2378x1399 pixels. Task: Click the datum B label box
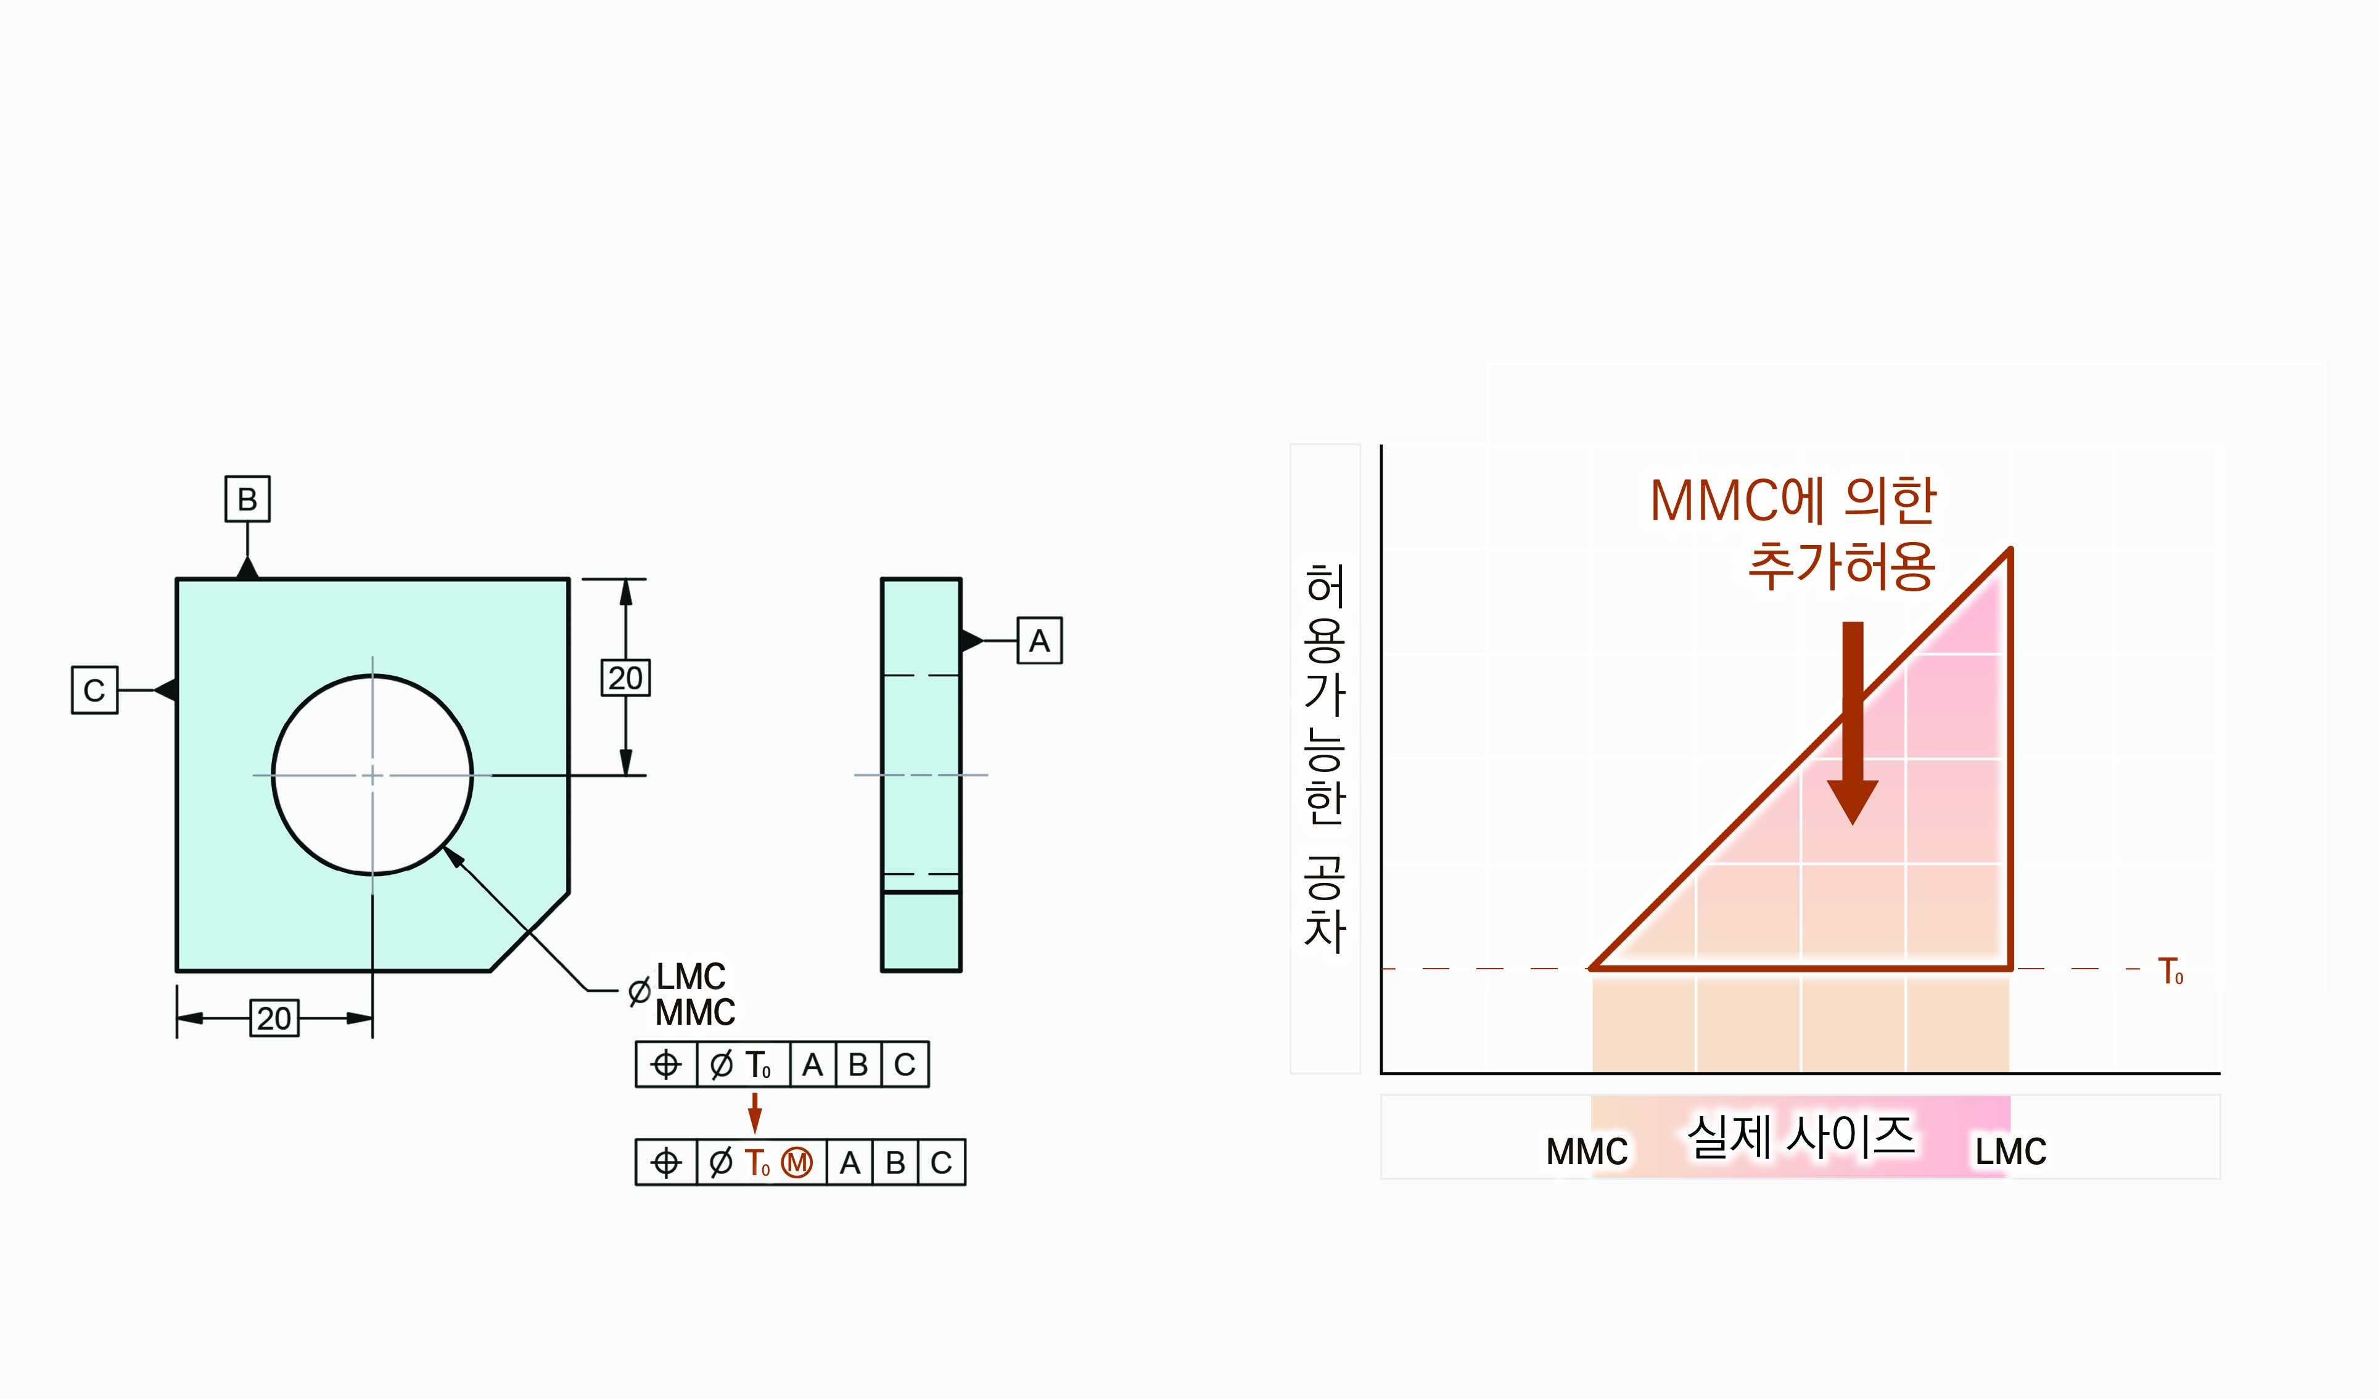pos(247,499)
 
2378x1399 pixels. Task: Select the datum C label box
pos(94,689)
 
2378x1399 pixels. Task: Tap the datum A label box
pos(1039,641)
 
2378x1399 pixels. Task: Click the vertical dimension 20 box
pos(625,678)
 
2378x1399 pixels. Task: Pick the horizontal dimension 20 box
pos(274,1018)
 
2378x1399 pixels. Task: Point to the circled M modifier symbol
pos(796,1162)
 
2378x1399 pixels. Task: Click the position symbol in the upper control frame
pos(666,1064)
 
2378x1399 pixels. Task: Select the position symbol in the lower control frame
pos(666,1162)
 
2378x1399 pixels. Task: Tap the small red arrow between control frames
pos(755,1112)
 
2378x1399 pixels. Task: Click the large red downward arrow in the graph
pos(1853,723)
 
